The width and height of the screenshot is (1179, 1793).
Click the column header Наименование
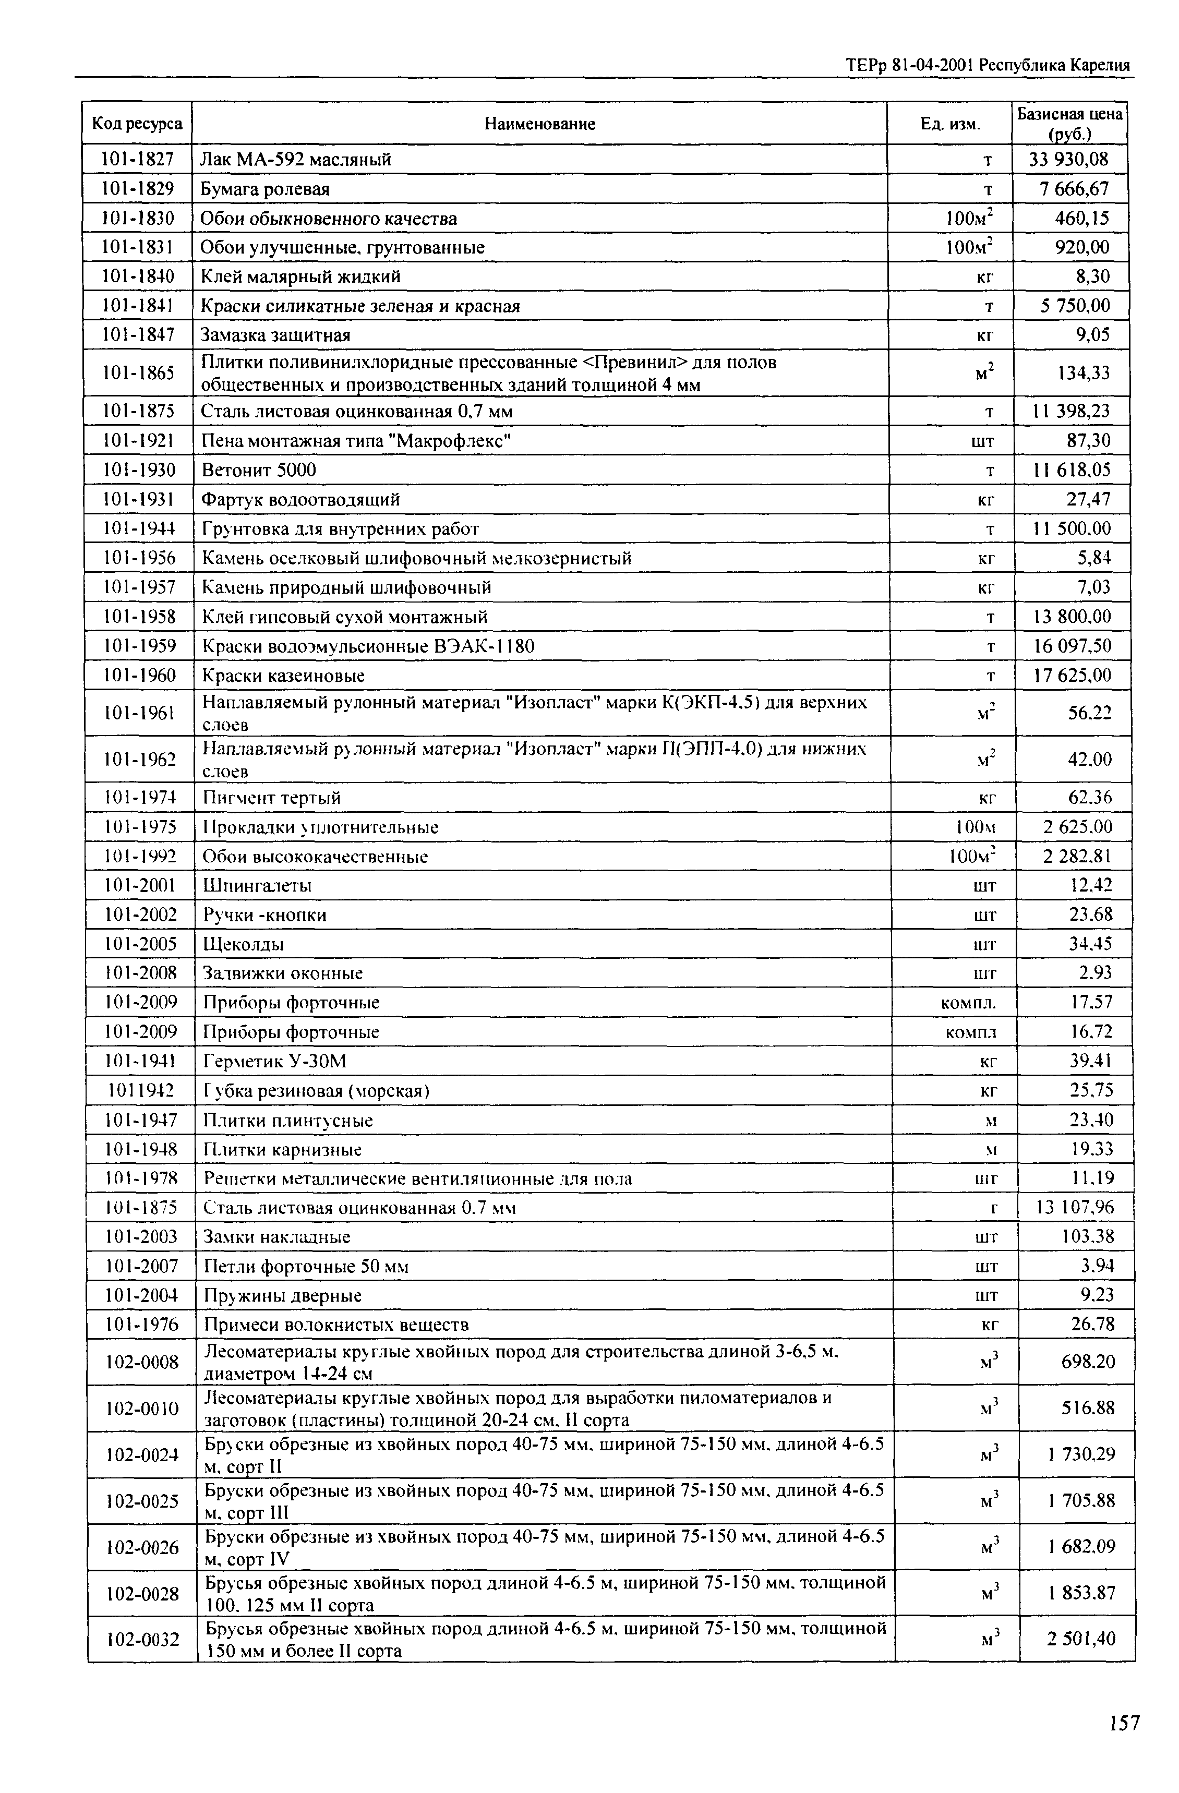point(539,124)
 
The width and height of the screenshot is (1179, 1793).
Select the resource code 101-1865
point(138,373)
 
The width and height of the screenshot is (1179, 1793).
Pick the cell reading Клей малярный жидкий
point(300,276)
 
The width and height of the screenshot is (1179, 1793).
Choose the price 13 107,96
point(1074,1208)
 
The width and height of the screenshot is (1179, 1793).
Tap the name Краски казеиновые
point(283,675)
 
